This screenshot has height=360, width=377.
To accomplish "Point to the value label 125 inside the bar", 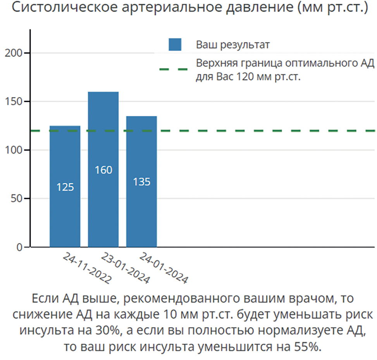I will coord(65,187).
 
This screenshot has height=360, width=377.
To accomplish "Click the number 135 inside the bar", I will coord(141,182).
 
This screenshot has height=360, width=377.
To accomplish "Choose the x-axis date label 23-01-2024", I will coord(125,268).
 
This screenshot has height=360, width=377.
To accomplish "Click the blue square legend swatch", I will coord(175,45).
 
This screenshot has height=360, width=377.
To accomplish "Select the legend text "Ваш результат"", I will coord(232,45).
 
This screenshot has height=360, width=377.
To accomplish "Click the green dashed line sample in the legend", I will coord(173,69).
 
